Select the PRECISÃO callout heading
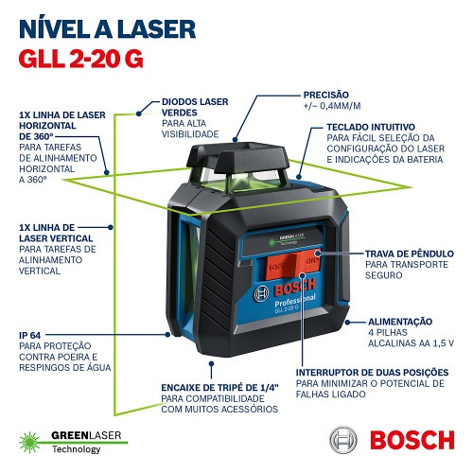click(326, 96)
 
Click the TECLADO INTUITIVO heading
click(373, 126)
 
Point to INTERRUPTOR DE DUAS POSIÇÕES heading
click(370, 373)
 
